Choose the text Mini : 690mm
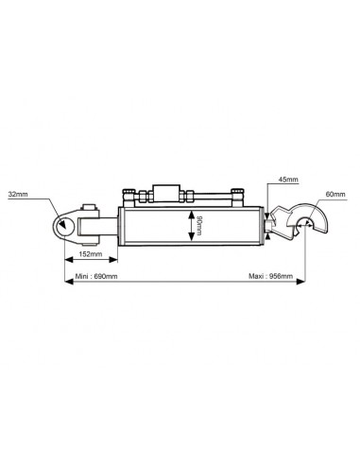coord(95,278)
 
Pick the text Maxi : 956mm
coord(269,278)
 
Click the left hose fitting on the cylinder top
coord(129,196)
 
